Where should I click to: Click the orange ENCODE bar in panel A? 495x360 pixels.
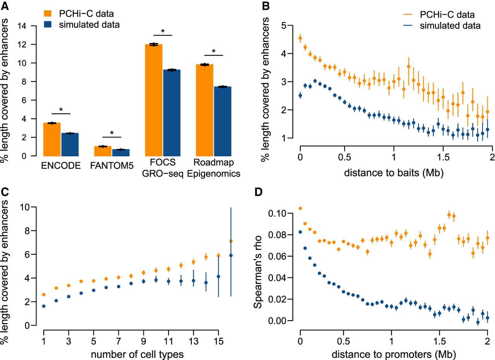[x=51, y=139]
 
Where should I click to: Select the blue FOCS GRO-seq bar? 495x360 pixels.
[x=172, y=113]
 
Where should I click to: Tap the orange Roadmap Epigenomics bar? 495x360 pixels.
[x=205, y=110]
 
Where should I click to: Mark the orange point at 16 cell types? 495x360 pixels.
[x=231, y=241]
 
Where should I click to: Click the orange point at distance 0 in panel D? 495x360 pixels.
[x=300, y=209]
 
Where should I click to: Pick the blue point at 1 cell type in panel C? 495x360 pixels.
[x=44, y=306]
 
